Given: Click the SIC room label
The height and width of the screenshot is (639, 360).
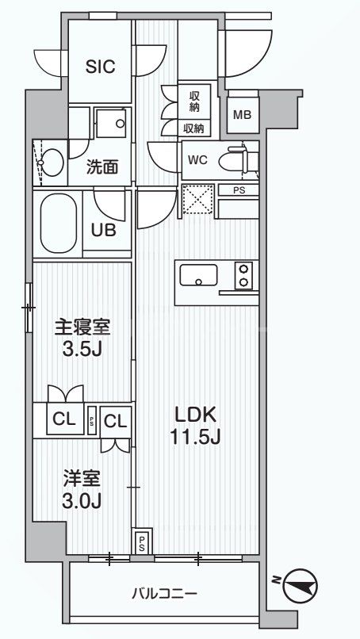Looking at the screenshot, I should pos(101,67).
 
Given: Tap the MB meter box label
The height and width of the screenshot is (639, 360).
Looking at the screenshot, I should pos(242,114).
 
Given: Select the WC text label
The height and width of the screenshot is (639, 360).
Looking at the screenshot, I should pos(197,159).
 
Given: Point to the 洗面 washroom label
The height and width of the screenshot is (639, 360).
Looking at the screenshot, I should pos(102,167).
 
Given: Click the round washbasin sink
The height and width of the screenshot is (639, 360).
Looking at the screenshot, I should pos(51,163).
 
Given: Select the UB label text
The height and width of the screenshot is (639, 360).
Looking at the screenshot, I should pos(103,230).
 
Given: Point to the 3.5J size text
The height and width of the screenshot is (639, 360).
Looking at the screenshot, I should pos(81,350).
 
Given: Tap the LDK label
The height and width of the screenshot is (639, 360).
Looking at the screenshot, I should pos(195,414).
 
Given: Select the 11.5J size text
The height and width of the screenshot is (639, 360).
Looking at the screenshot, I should pos(195,436).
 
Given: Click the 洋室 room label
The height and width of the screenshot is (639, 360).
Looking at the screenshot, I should pos(81,480).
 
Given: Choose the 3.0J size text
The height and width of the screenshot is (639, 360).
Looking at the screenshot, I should pos(81,501).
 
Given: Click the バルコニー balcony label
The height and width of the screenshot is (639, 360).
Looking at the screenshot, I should pos(164,593).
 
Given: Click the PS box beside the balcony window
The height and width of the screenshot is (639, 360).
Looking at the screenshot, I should pos(142,541).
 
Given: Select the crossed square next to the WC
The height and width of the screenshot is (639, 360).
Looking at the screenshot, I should pos(197,198).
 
